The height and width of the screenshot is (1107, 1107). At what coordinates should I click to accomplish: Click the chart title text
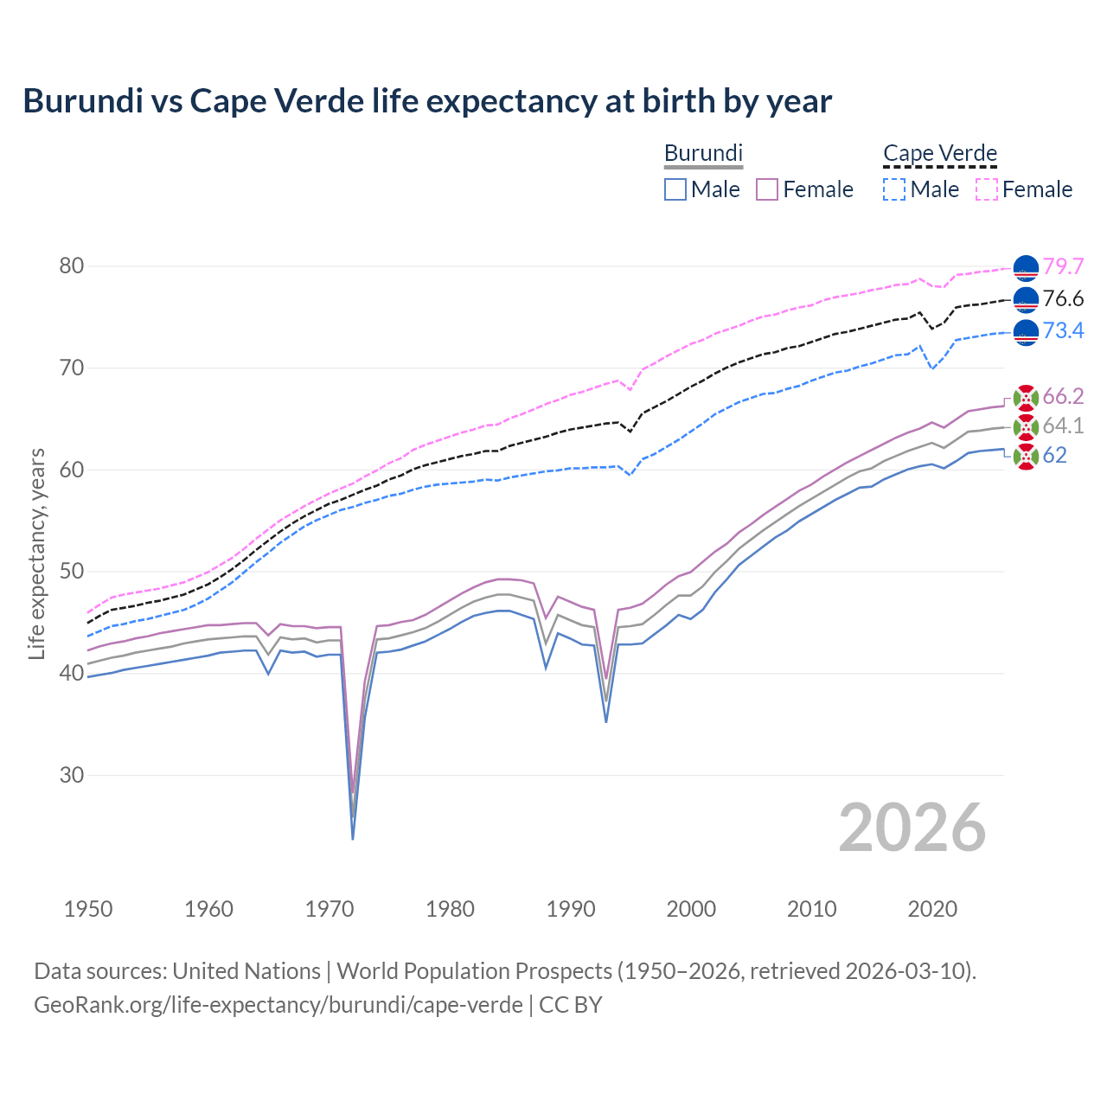(x=427, y=101)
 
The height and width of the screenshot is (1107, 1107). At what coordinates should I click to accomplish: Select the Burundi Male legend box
(x=675, y=189)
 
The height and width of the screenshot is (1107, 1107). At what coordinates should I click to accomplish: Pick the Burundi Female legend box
(x=767, y=189)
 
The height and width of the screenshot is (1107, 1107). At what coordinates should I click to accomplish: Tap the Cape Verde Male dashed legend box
(x=894, y=189)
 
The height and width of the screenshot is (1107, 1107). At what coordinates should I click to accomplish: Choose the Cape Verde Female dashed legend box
(x=987, y=189)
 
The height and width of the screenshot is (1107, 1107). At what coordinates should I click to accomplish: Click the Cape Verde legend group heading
(x=940, y=153)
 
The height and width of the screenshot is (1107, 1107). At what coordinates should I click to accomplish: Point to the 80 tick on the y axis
(x=72, y=266)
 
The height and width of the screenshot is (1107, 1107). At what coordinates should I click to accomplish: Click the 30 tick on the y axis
(x=72, y=775)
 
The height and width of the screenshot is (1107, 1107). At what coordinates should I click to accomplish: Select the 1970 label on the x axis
(x=330, y=909)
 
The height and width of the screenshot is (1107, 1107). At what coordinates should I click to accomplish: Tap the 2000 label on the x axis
(x=691, y=909)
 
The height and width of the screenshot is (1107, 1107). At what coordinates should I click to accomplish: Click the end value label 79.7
(x=1063, y=266)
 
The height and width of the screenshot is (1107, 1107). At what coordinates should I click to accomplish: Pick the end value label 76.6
(x=1063, y=298)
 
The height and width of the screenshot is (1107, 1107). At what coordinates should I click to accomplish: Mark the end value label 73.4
(x=1063, y=330)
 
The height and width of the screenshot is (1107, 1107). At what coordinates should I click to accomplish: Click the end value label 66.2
(x=1063, y=396)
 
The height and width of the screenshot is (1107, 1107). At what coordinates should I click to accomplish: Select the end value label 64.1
(x=1063, y=426)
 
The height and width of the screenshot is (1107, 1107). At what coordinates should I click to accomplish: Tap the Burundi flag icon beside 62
(x=1026, y=456)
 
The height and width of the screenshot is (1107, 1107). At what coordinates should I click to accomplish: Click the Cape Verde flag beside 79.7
(x=1026, y=268)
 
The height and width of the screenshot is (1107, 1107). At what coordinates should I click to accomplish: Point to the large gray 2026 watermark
(x=912, y=828)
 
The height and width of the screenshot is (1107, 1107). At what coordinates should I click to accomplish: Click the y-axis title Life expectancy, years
(x=37, y=553)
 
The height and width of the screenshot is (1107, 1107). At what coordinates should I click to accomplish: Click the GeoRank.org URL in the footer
(x=278, y=1005)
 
